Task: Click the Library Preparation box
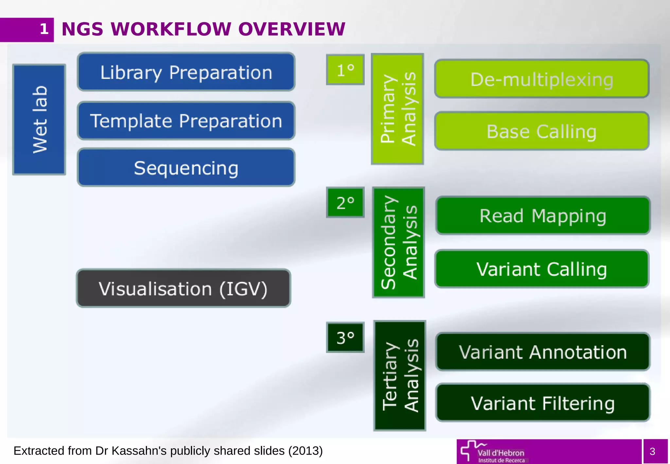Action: (x=186, y=72)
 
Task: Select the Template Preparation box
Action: (x=186, y=121)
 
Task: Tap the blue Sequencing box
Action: (x=186, y=168)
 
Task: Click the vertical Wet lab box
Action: (x=39, y=119)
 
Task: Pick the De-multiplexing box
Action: (x=541, y=79)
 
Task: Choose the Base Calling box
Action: (x=541, y=131)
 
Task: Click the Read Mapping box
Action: (x=543, y=215)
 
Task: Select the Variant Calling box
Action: (x=541, y=269)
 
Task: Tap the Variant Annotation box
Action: (x=543, y=352)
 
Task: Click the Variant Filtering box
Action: (x=543, y=403)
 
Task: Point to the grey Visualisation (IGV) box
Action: (x=184, y=288)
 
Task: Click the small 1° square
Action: (x=345, y=70)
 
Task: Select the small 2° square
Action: (x=345, y=203)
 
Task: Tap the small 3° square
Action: (x=345, y=337)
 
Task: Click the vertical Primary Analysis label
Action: (x=397, y=109)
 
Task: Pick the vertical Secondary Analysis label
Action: (x=398, y=242)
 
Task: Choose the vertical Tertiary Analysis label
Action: (x=399, y=376)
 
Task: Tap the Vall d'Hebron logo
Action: (x=494, y=452)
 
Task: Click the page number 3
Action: (x=652, y=452)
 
